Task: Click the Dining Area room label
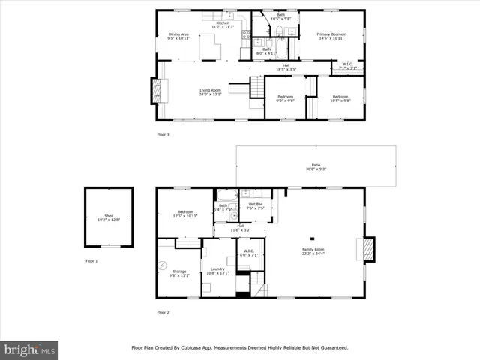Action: pyautogui.click(x=178, y=34)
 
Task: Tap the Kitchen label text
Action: pyautogui.click(x=223, y=23)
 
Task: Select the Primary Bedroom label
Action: pyautogui.click(x=331, y=34)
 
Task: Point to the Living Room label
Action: pyautogui.click(x=211, y=91)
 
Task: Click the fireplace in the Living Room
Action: pyautogui.click(x=157, y=91)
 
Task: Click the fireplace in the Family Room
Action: pyautogui.click(x=367, y=250)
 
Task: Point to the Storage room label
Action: pyautogui.click(x=179, y=271)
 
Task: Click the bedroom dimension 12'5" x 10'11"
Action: pyautogui.click(x=185, y=216)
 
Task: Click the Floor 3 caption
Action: pyautogui.click(x=163, y=135)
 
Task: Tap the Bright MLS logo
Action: pyautogui.click(x=30, y=349)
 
